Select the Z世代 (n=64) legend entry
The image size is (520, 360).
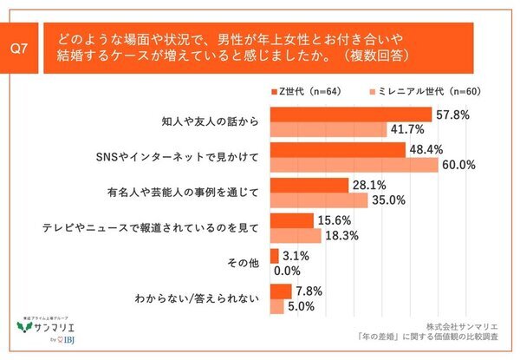pos(304,90)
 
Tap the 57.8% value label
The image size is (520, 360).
pos(453,115)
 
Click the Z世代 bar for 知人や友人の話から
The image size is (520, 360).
pos(351,115)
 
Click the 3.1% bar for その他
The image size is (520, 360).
pos(275,256)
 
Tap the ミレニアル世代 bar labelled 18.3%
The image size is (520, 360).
pos(296,236)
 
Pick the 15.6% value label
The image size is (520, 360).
pos(335,221)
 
